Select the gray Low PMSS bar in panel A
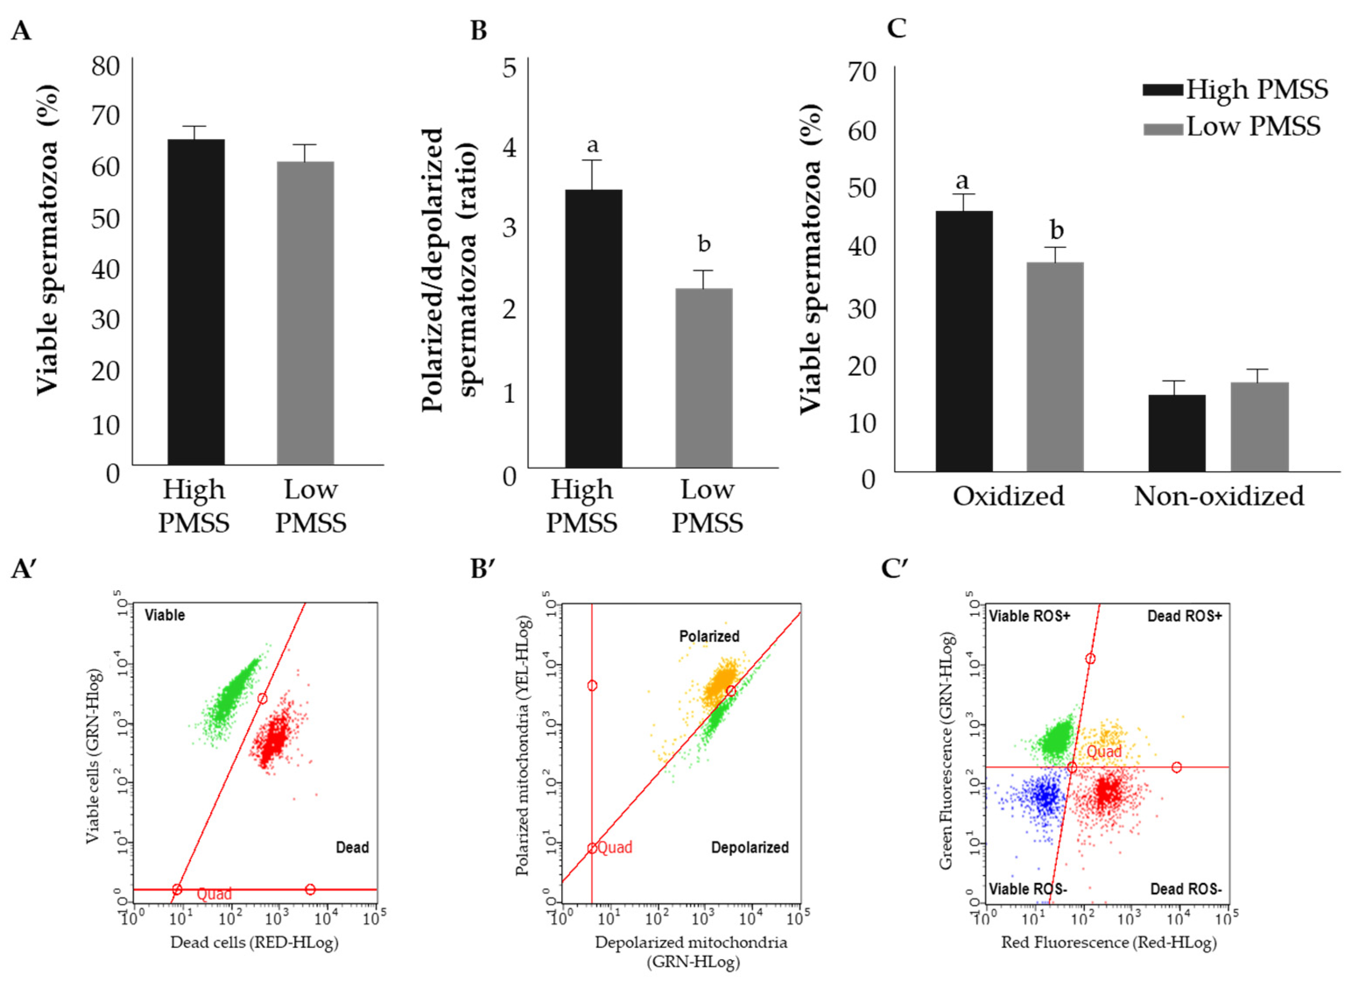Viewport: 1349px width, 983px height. [305, 313]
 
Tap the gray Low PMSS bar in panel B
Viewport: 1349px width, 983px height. [703, 378]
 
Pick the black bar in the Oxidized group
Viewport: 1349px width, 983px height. [964, 341]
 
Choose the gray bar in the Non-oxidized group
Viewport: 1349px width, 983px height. [1260, 427]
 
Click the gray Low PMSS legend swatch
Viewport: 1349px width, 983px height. [1163, 129]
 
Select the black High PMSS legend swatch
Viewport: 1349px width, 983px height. [1163, 90]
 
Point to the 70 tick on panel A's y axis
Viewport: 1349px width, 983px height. [105, 116]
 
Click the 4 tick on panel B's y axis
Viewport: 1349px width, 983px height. [509, 147]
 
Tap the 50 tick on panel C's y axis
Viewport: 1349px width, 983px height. [862, 189]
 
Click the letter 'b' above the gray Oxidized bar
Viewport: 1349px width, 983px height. [1056, 230]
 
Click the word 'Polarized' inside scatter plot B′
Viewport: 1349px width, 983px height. [710, 636]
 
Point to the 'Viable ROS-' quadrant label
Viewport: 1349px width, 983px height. [1028, 889]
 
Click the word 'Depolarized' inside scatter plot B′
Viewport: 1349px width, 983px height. [750, 847]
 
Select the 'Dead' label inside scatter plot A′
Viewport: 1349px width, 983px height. [352, 847]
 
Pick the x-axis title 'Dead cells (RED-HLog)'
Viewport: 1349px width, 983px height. [254, 943]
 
